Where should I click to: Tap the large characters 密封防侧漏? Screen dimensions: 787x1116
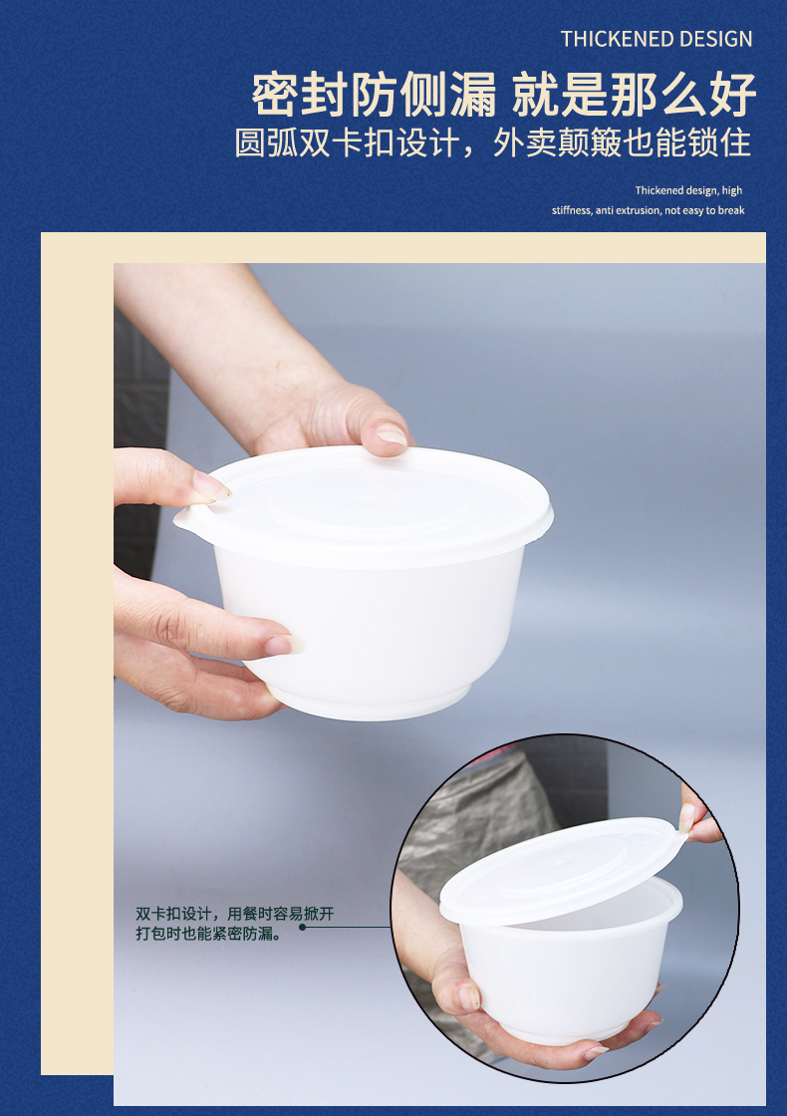(x=375, y=94)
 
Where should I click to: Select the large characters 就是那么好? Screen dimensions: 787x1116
(x=634, y=94)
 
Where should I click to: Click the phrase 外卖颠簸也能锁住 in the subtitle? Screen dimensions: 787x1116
(x=622, y=142)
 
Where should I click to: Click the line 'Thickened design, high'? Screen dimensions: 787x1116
(x=688, y=190)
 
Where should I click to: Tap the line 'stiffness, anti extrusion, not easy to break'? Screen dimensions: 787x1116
(x=649, y=210)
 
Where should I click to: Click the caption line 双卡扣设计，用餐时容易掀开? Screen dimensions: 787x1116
(x=235, y=913)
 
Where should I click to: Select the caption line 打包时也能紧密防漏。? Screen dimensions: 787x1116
(x=209, y=933)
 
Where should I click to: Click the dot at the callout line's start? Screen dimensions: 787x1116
(x=303, y=927)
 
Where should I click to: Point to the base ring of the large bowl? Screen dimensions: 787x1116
(x=370, y=701)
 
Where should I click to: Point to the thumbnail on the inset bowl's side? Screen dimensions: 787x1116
(x=467, y=996)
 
